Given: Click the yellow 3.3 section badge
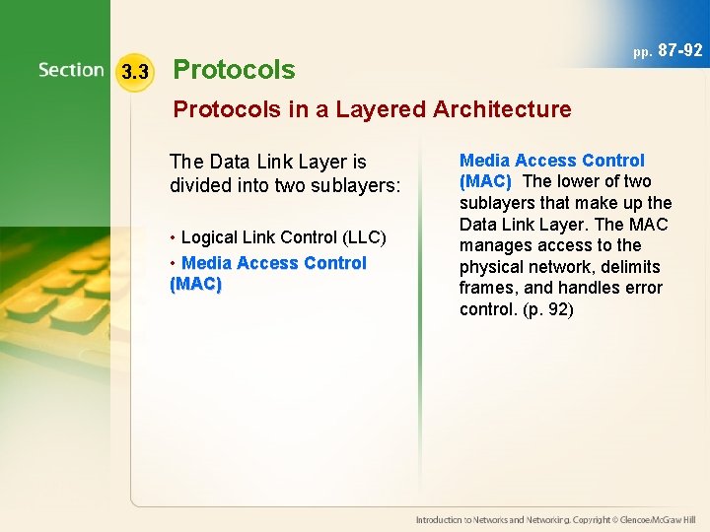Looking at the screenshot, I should click(134, 72).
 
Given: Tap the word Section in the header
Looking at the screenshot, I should click(71, 70).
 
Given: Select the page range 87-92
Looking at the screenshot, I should click(680, 50).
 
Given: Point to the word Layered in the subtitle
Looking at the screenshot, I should click(385, 109).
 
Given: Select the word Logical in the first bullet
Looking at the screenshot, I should click(210, 237).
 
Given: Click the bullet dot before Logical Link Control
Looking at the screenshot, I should click(174, 238).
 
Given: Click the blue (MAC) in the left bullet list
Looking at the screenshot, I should click(196, 285).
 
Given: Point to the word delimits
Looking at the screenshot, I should click(628, 267).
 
